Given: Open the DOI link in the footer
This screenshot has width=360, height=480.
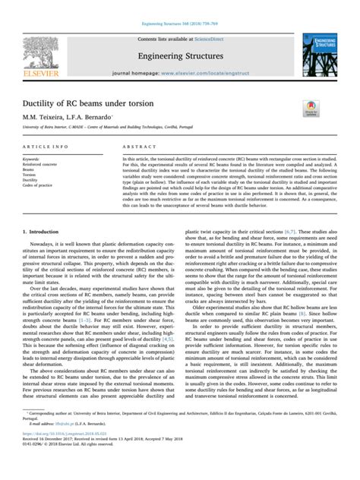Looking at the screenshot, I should tap(65, 460).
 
